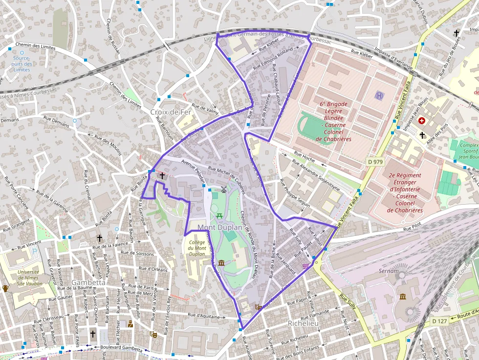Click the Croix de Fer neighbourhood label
pyautogui.click(x=171, y=112)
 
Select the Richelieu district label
pyautogui.click(x=303, y=323)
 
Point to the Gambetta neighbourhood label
pyautogui.click(x=88, y=282)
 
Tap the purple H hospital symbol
pyautogui.click(x=380, y=95)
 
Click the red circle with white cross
pyautogui.click(x=421, y=120)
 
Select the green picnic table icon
pyautogui.click(x=219, y=215)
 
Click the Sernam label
pyautogui.click(x=389, y=270)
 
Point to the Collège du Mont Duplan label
pyautogui.click(x=196, y=248)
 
